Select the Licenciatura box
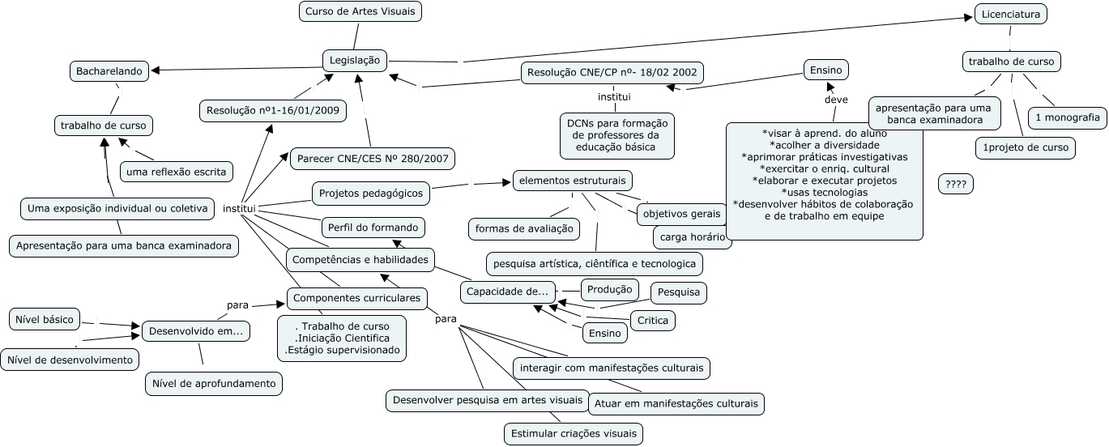point(1010,14)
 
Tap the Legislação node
point(355,60)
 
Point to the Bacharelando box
point(109,71)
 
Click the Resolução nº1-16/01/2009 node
point(273,109)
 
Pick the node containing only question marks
point(956,185)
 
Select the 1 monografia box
point(1067,117)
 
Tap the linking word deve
point(835,100)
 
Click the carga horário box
point(692,237)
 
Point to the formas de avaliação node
point(524,229)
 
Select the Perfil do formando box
point(373,227)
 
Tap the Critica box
point(653,321)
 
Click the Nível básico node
point(45,319)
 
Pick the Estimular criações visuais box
point(574,433)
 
